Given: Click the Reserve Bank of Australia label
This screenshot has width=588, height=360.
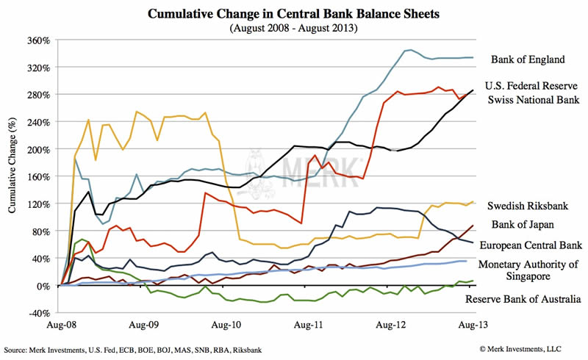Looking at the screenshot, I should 524,298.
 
